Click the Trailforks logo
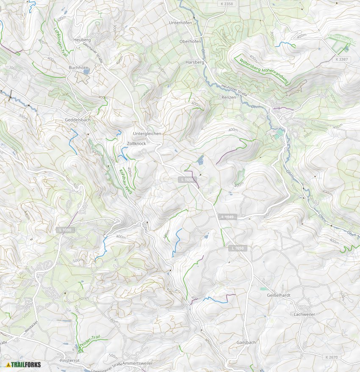pos(23,364)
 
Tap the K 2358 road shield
pos(227,4)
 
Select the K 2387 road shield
pos(341,59)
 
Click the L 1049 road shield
pos(227,217)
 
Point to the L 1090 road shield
pos(66,230)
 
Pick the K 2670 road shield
pos(332,357)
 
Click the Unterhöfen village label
pos(180,22)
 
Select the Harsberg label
pos(195,62)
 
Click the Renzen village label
pos(228,97)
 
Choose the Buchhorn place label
pos(78,67)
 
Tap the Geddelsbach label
pos(78,120)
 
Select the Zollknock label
pos(136,144)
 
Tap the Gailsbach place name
pos(246,342)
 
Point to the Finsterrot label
pos(70,360)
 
